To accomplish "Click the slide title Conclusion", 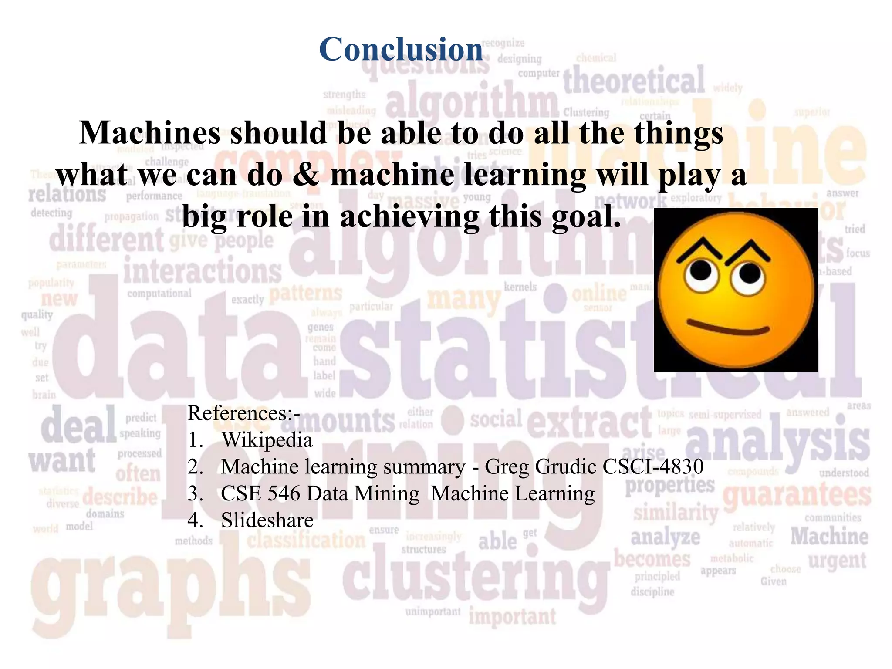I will [x=401, y=49].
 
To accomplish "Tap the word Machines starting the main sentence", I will [x=150, y=133].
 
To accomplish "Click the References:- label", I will [x=243, y=413].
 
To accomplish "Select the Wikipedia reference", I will [x=267, y=440].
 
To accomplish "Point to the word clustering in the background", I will [x=475, y=575].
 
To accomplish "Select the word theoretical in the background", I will [x=634, y=81].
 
